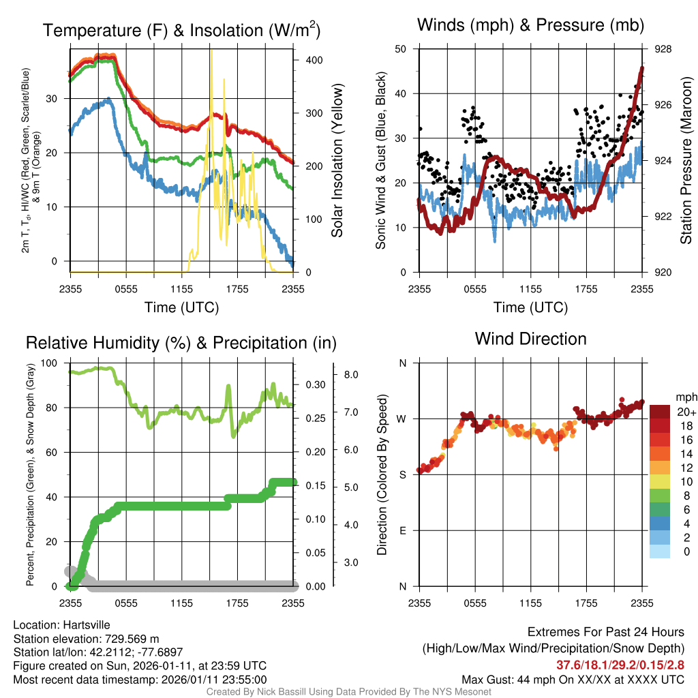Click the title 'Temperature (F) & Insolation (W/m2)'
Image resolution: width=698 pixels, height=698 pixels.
point(181,30)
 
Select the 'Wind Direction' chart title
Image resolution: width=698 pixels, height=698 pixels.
point(530,339)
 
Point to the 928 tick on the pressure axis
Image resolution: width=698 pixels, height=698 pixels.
point(663,49)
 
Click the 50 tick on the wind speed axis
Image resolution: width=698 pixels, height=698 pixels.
point(401,49)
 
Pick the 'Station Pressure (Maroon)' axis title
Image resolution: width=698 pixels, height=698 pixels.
point(686,160)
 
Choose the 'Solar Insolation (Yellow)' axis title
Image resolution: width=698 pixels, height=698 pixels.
point(337,160)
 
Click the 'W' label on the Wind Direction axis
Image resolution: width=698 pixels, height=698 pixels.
point(402,419)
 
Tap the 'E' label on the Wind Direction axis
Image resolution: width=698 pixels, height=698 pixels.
point(402,530)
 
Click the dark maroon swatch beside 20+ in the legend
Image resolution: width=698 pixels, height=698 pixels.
point(661,412)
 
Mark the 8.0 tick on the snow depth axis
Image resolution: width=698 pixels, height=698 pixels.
point(352,375)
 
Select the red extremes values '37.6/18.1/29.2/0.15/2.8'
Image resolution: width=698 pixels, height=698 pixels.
point(620,665)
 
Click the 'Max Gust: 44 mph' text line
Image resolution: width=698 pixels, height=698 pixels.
point(573,680)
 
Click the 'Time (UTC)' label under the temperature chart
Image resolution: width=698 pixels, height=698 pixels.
point(181,307)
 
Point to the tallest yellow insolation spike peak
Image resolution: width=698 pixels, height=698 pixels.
point(212,51)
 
